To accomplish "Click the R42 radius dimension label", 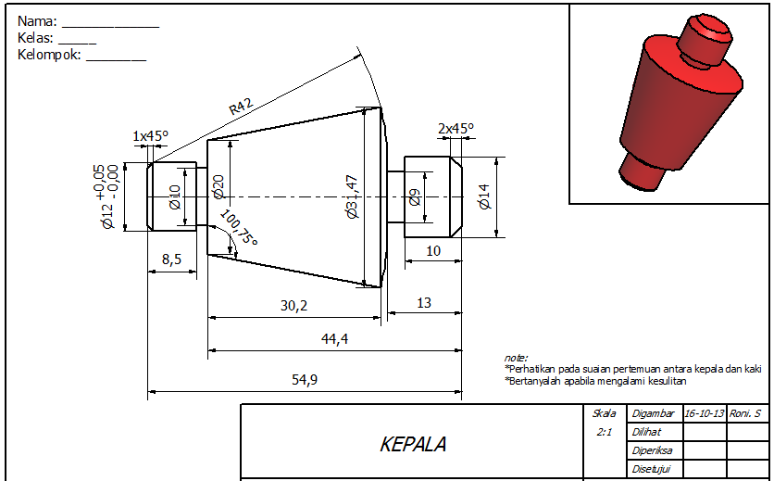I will click(x=241, y=107).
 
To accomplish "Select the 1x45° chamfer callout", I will click(x=151, y=136).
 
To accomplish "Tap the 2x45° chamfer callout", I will click(x=455, y=129).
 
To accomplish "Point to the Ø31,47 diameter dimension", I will click(x=350, y=196).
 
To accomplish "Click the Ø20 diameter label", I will click(x=219, y=186).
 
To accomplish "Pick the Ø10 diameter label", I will click(x=174, y=196).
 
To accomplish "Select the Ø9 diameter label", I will click(x=415, y=196).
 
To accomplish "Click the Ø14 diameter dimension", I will click(x=482, y=196).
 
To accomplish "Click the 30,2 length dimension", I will click(x=293, y=305).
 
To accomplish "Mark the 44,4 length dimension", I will click(x=334, y=339).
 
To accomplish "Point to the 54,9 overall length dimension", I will click(x=304, y=380).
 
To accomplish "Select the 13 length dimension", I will click(x=424, y=303).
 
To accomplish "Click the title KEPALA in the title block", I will click(x=413, y=445).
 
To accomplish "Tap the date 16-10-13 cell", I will click(x=704, y=413).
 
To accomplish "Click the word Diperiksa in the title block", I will click(x=652, y=450).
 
